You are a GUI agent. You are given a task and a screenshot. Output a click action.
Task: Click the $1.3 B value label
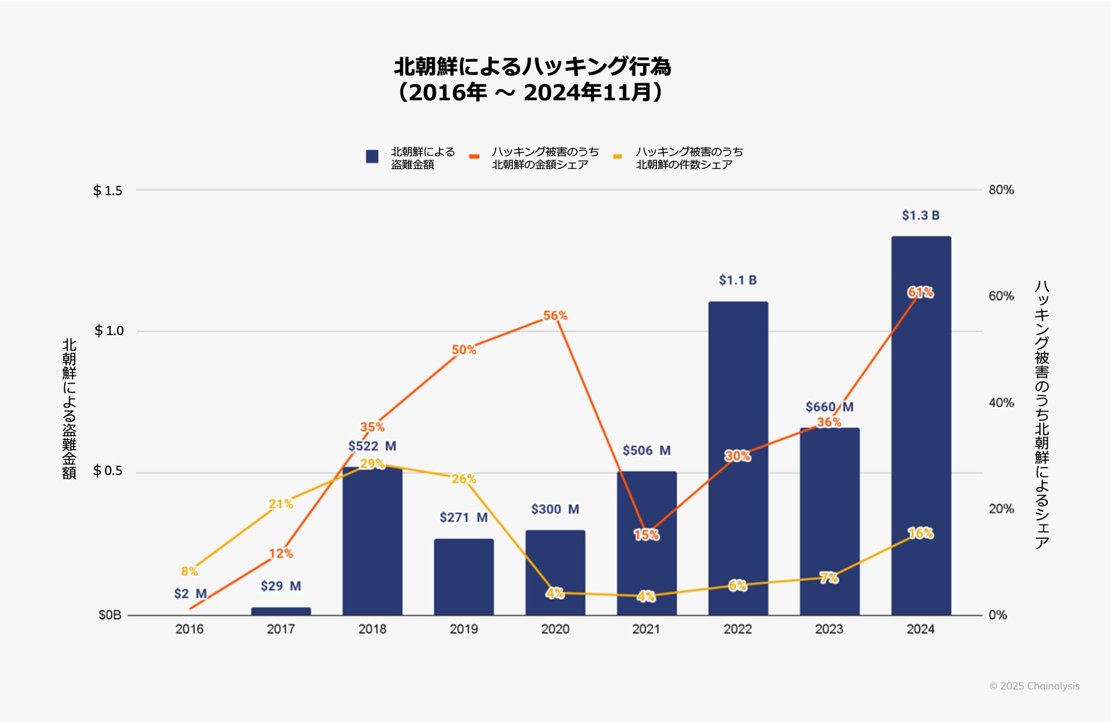point(921,216)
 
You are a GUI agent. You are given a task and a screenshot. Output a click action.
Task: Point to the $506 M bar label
point(646,450)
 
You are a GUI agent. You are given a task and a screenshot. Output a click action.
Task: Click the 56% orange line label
point(555,315)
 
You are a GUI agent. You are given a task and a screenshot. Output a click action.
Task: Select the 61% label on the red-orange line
point(920,293)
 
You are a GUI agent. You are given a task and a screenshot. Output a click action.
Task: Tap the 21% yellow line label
point(281,503)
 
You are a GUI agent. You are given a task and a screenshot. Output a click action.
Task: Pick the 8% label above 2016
point(189,571)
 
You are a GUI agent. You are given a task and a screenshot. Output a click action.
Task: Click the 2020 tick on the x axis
point(555,629)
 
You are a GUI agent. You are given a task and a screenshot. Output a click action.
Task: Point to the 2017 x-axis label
point(281,629)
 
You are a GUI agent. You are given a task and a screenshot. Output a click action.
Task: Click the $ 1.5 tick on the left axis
point(108,190)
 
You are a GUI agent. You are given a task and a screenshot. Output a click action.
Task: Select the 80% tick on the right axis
point(1001,190)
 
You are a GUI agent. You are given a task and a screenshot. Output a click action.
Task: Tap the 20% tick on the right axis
point(1001,509)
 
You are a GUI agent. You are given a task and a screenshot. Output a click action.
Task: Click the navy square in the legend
point(372,157)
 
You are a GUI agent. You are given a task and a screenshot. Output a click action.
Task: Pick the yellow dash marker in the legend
point(618,156)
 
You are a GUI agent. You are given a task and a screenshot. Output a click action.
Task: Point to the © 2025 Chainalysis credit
point(1034,686)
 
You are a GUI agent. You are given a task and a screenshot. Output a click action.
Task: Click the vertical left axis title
point(69,409)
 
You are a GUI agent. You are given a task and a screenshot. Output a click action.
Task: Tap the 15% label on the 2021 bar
point(646,535)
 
